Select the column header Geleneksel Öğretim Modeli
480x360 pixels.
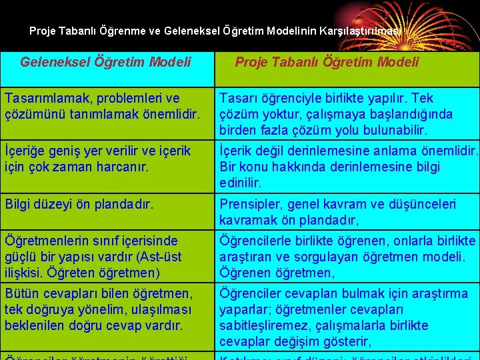click(105, 62)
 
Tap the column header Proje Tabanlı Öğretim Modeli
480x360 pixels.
click(327, 62)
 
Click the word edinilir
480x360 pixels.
click(240, 183)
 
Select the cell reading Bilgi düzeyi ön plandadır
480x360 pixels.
click(79, 205)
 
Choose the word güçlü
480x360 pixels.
click(20, 257)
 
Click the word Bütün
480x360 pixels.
click(22, 293)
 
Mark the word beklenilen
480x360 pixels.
click(35, 325)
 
